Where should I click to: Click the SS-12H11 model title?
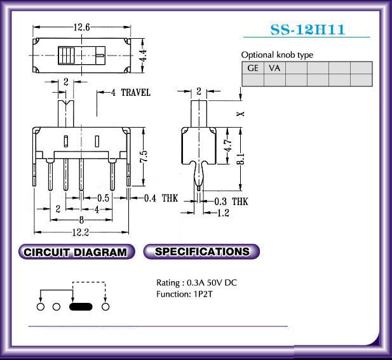pos(308,29)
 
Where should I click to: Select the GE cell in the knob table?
pos(253,68)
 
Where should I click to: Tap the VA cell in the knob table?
pos(274,68)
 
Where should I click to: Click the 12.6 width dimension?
pos(81,27)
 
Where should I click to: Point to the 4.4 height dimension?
pos(143,55)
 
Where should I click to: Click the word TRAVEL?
pos(136,93)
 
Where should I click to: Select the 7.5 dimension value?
pos(144,157)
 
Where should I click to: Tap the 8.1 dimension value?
pos(241,159)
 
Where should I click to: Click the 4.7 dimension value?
pos(227,145)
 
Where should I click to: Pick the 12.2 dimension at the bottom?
pos(81,232)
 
